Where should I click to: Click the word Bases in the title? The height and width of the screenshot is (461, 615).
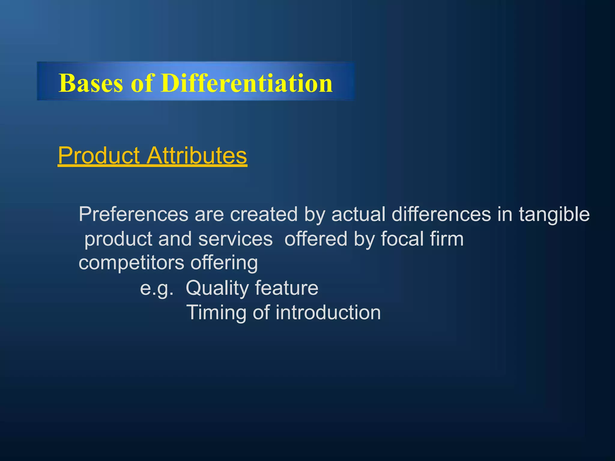[91, 83]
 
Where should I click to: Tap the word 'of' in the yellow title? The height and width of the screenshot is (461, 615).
[142, 83]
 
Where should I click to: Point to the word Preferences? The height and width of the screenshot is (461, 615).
[133, 214]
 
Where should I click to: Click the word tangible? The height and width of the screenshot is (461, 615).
[554, 215]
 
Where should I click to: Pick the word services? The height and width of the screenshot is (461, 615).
[235, 239]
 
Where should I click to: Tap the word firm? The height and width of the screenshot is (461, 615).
[447, 239]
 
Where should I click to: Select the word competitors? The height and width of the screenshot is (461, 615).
[131, 263]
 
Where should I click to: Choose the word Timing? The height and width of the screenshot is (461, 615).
[217, 313]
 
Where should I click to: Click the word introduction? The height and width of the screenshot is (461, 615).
[328, 313]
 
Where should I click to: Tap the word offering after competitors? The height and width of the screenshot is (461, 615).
[224, 263]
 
